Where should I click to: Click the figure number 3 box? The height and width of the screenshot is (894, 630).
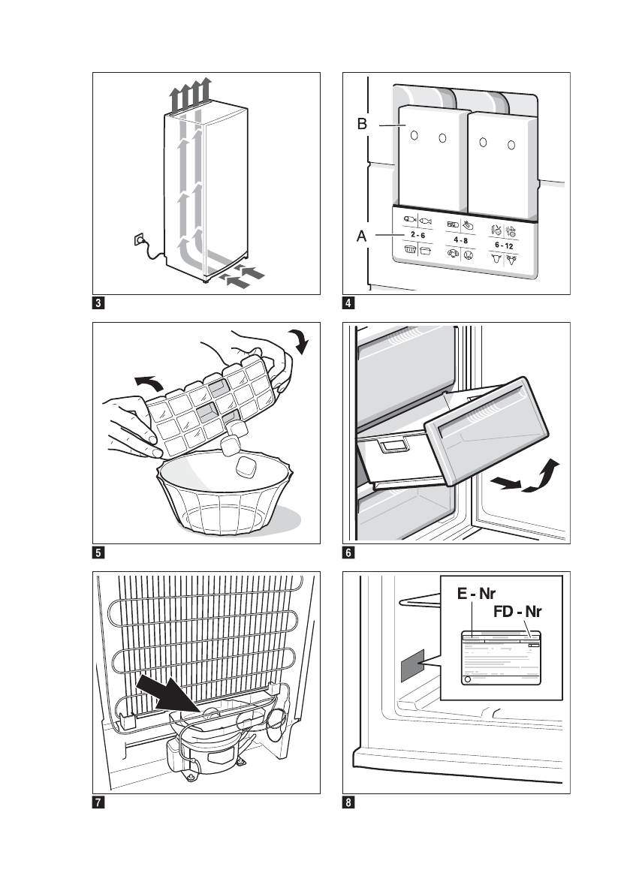pyautogui.click(x=98, y=305)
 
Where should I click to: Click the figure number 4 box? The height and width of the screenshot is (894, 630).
pyautogui.click(x=349, y=305)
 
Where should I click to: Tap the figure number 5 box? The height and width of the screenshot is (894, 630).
pyautogui.click(x=98, y=555)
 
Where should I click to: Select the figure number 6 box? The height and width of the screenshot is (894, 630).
pyautogui.click(x=349, y=555)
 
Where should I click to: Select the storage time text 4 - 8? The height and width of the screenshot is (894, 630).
pyautogui.click(x=463, y=240)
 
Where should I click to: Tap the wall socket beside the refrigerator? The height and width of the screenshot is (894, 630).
pyautogui.click(x=138, y=241)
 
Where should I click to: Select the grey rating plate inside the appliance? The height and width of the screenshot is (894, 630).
pyautogui.click(x=412, y=665)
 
